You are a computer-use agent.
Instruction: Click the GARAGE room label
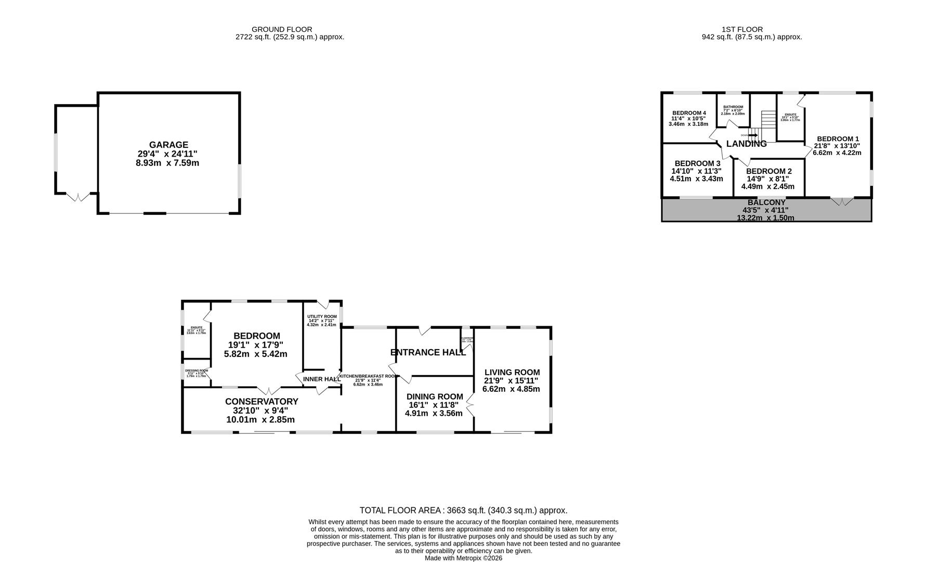168,145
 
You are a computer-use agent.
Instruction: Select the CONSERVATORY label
262,402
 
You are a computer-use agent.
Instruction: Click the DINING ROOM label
434,397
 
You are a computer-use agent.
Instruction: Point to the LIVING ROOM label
512,373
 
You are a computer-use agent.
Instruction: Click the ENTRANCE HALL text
428,352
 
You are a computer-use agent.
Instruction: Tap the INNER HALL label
321,379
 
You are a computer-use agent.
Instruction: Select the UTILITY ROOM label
322,316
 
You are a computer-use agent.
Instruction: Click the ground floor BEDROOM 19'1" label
256,336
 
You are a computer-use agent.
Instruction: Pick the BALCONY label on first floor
766,202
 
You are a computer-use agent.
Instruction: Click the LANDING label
746,144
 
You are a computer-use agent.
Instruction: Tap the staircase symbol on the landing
768,125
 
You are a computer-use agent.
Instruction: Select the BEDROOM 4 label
689,113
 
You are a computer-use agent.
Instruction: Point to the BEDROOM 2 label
768,171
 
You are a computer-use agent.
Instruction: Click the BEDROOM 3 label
697,163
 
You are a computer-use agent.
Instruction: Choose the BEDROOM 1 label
838,139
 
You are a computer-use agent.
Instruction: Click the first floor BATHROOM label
733,107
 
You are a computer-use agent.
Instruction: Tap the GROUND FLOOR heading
282,30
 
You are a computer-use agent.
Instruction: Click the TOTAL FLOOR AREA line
463,510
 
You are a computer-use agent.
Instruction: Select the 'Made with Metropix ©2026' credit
463,558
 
